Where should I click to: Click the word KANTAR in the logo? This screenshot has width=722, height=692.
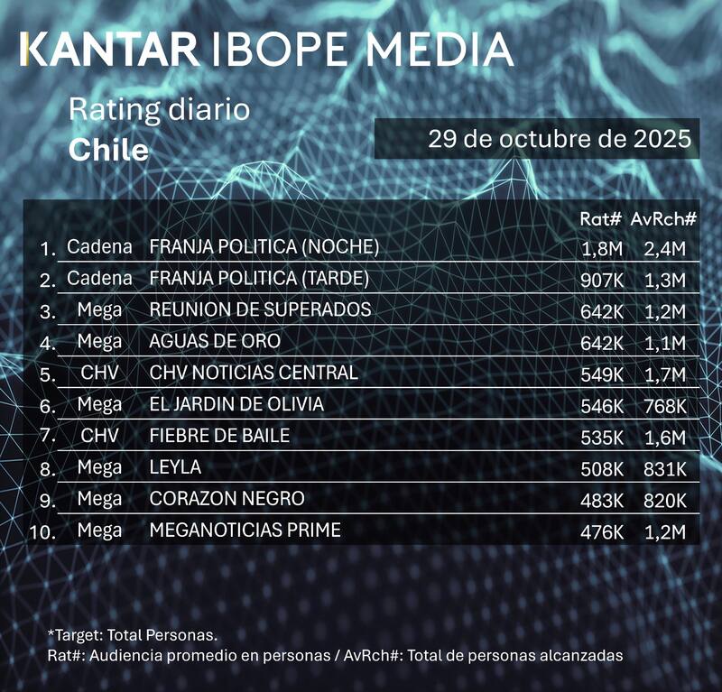click(x=109, y=49)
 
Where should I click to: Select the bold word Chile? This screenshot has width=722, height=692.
click(x=108, y=149)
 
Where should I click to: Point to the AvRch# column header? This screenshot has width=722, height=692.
click(x=664, y=218)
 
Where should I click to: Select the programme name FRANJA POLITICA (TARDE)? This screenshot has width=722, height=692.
click(x=259, y=278)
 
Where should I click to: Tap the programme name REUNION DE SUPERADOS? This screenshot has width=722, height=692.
click(x=260, y=309)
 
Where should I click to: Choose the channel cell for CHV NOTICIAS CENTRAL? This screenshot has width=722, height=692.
click(x=99, y=373)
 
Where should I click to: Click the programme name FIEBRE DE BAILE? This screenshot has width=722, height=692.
click(x=219, y=436)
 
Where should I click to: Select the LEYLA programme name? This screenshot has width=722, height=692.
click(x=175, y=467)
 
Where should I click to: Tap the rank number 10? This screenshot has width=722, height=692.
click(x=42, y=532)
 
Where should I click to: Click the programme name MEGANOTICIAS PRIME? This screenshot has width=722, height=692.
click(x=245, y=531)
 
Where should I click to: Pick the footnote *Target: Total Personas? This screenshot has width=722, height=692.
click(x=133, y=635)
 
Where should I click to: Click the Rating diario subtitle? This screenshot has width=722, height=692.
click(x=159, y=111)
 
